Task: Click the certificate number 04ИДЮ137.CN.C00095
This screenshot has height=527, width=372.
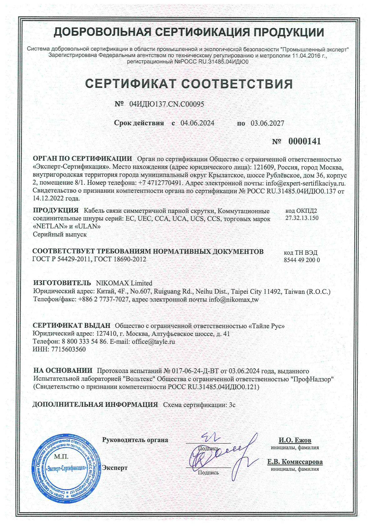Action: click(166, 104)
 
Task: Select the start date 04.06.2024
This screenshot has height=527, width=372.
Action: click(197, 123)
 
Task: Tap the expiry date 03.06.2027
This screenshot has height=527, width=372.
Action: click(267, 123)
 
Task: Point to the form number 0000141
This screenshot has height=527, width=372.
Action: click(304, 142)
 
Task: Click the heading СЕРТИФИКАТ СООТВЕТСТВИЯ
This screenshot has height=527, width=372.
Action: click(189, 84)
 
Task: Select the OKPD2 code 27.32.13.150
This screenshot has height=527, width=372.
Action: click(302, 218)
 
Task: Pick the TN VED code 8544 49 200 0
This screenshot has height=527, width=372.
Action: click(302, 260)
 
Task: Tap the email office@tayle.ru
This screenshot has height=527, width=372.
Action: click(153, 341)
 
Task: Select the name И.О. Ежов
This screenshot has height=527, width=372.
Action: click(295, 440)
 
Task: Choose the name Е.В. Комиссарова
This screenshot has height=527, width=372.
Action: click(295, 462)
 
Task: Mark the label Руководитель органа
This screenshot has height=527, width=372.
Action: click(135, 440)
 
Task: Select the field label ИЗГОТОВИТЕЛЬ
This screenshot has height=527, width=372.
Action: click(62, 283)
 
